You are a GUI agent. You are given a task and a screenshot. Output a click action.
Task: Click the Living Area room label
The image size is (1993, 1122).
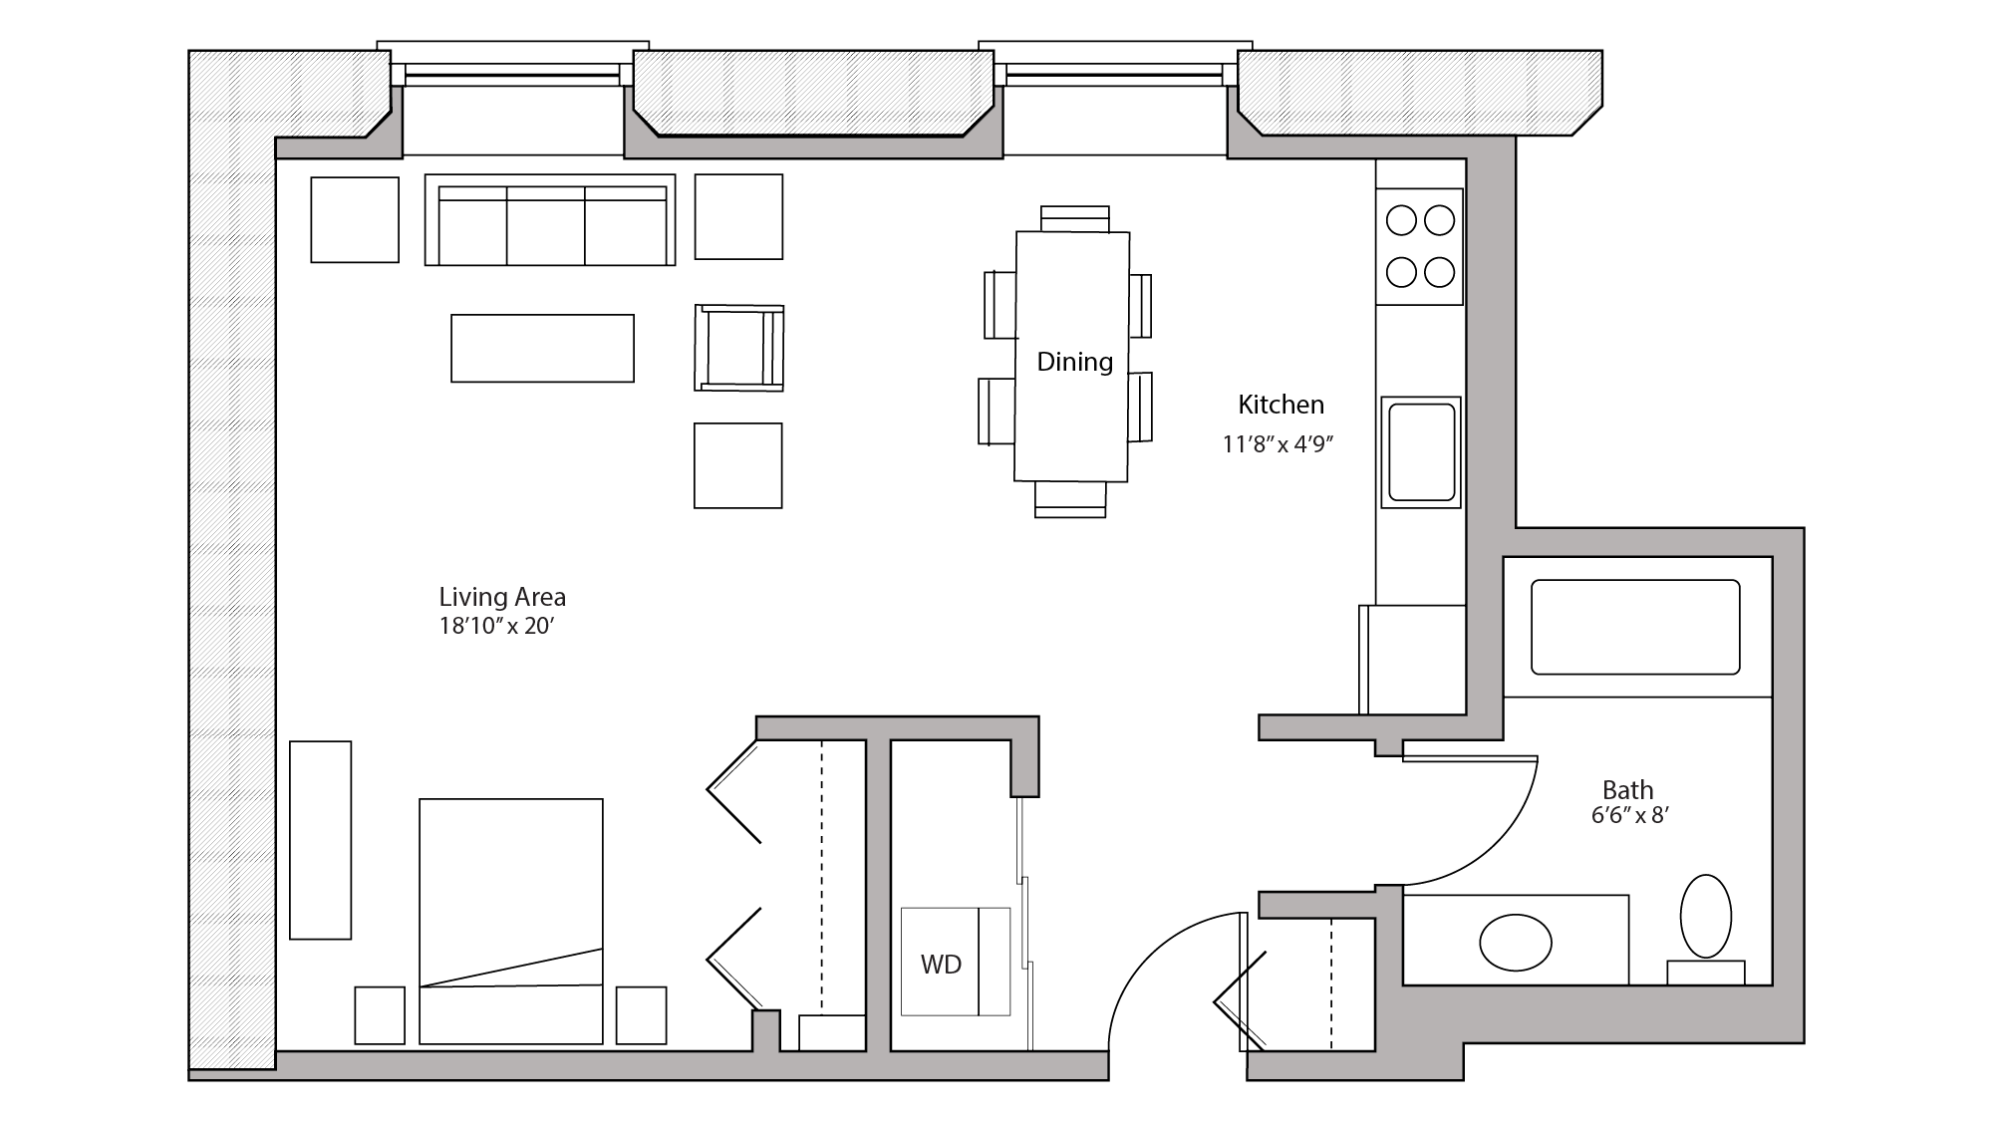tap(502, 597)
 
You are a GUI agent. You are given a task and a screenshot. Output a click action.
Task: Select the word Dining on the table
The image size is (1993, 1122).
tap(1074, 362)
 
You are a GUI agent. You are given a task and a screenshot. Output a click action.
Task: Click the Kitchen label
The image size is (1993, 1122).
tap(1281, 405)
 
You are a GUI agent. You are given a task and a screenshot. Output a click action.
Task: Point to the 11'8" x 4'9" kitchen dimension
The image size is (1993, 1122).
tap(1278, 444)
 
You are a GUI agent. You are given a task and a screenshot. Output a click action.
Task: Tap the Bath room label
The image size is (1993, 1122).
tap(1628, 790)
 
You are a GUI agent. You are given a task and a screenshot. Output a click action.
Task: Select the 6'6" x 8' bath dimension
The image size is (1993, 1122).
tap(1629, 816)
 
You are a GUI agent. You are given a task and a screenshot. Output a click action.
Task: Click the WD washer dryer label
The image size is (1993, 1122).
tap(941, 964)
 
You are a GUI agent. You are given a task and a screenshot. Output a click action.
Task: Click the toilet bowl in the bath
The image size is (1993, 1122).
tap(1706, 917)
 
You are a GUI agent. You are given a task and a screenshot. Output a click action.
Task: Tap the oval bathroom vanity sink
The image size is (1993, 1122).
tap(1515, 943)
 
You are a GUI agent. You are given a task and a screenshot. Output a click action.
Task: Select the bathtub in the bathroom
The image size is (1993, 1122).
tap(1635, 628)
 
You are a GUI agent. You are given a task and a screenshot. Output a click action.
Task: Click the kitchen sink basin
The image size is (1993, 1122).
tap(1421, 451)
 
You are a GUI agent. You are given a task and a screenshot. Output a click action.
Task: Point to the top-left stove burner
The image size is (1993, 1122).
tap(1401, 221)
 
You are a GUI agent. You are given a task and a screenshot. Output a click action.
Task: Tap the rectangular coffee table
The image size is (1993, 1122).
tap(542, 349)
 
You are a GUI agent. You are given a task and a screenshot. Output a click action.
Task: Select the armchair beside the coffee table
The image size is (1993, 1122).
tap(738, 348)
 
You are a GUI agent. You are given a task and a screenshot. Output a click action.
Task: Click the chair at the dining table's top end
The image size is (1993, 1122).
tap(1074, 217)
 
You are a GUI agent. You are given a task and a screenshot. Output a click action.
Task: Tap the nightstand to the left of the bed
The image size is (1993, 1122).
tap(380, 1014)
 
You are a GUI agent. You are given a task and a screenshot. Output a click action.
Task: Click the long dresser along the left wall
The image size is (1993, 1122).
tap(321, 840)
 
